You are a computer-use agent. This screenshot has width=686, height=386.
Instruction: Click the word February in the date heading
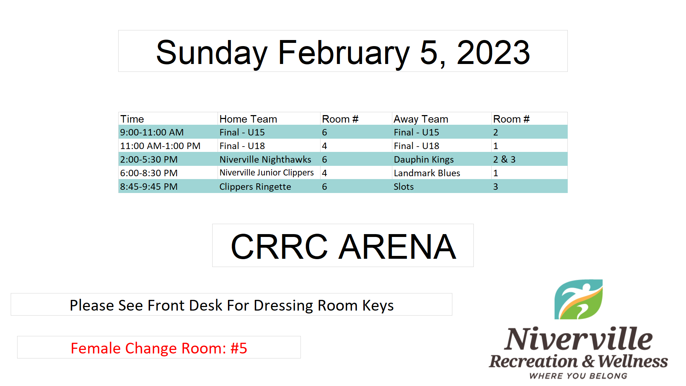[x=344, y=53]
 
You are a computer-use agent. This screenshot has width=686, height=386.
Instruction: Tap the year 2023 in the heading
[x=493, y=53]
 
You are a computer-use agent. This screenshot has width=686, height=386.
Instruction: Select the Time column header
[x=132, y=119]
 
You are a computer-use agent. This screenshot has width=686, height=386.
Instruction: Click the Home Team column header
[x=248, y=119]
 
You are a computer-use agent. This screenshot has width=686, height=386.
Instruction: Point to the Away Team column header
[x=421, y=119]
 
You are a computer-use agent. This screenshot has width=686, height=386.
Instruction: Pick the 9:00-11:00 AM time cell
[x=152, y=132]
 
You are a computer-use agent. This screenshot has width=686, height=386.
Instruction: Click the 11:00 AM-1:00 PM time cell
[x=160, y=146]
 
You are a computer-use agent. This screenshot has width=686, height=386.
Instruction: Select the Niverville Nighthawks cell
[x=265, y=159]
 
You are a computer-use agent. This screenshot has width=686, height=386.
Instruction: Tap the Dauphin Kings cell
[x=424, y=159]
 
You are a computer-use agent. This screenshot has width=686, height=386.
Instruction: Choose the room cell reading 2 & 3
[x=504, y=159]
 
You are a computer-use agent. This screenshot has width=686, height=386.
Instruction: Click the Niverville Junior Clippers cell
[x=267, y=173]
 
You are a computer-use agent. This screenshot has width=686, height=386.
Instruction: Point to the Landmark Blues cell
[x=427, y=173]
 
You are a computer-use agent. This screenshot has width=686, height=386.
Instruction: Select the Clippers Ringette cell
[x=255, y=187]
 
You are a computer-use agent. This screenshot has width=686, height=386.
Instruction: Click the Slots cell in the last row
[x=404, y=187]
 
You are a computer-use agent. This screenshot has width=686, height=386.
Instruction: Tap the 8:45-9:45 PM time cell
[x=149, y=187]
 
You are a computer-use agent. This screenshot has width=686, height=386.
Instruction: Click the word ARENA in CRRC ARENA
[x=397, y=247]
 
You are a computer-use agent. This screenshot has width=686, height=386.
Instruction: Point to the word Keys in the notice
[x=378, y=306]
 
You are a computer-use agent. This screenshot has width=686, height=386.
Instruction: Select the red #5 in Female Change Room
[x=239, y=348]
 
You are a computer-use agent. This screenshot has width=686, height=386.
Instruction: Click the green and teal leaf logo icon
[x=578, y=300]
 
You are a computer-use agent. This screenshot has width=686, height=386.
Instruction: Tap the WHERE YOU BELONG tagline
[x=578, y=376]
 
